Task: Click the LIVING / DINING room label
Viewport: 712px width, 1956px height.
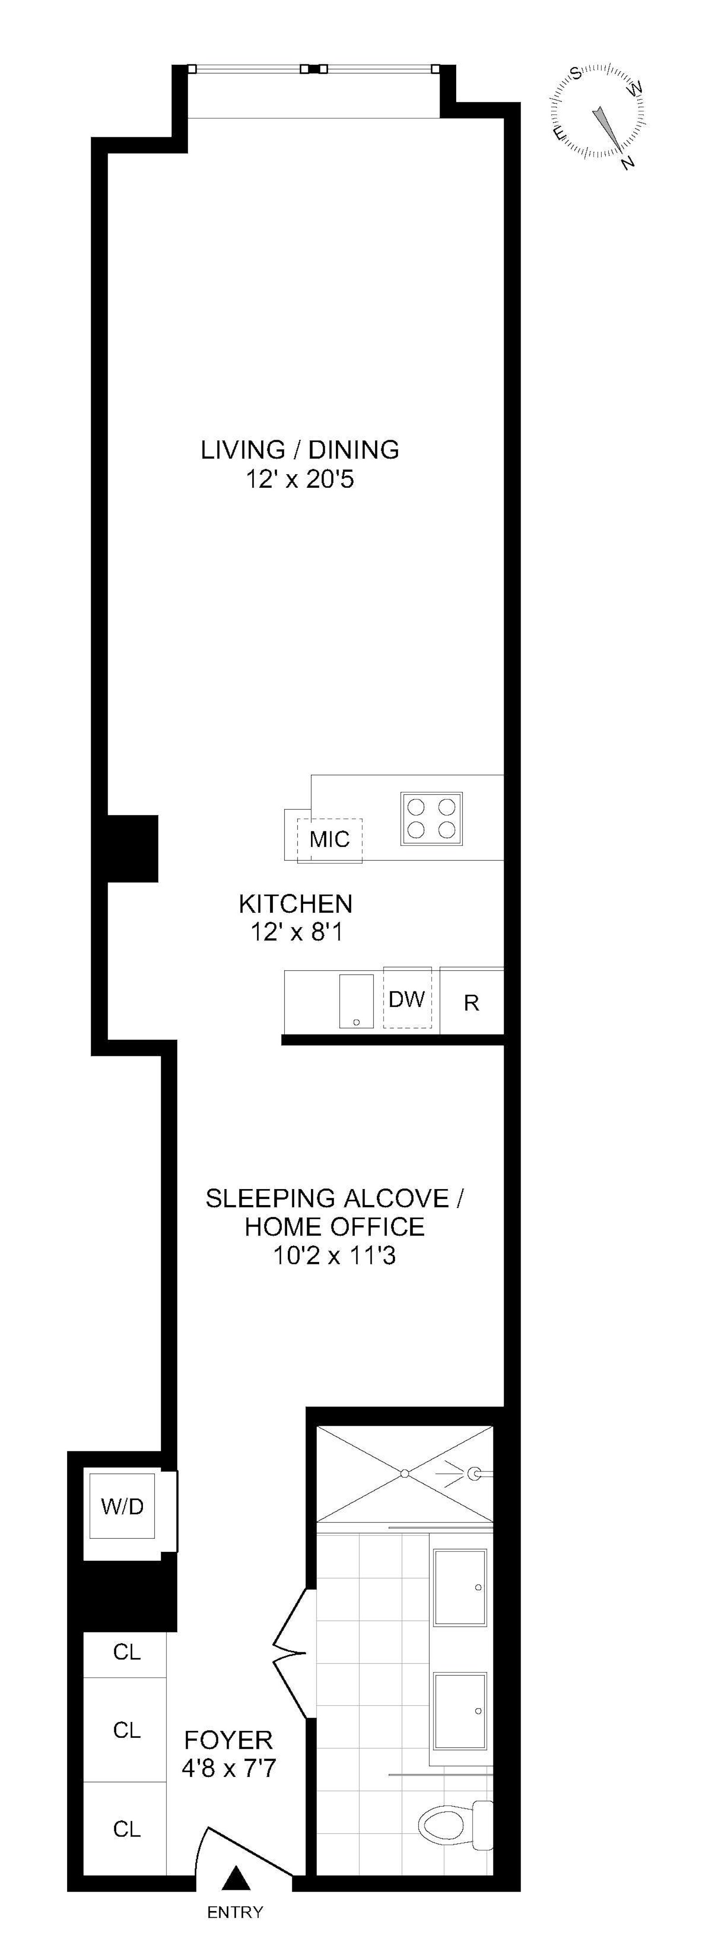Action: pos(299,449)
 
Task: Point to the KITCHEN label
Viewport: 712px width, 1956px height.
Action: pos(295,904)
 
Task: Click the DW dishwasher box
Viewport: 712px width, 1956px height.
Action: pos(407,998)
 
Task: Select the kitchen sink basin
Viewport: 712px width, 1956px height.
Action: pos(356,1001)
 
